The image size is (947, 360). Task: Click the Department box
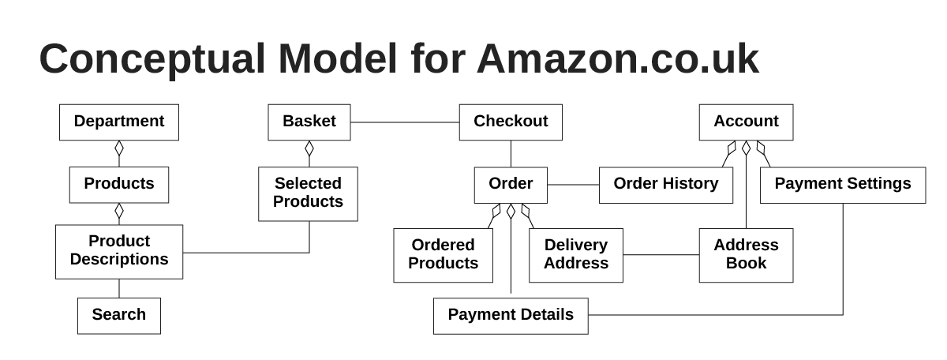[x=119, y=122]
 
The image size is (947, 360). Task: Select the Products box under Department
[x=119, y=185]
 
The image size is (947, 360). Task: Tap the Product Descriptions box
[x=119, y=251]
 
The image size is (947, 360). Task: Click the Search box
[x=119, y=316]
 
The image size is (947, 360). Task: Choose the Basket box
[x=309, y=122]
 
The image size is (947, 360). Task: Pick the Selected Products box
[x=308, y=193]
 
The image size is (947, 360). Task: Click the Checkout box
[x=511, y=122]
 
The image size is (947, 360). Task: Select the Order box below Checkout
[x=511, y=185]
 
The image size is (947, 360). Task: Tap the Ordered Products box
[x=443, y=255]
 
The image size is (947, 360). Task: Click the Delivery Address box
[x=576, y=255]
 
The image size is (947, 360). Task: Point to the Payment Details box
[x=511, y=316]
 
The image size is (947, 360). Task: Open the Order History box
[x=666, y=185]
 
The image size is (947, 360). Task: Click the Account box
[x=746, y=122]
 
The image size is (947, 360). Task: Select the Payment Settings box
[x=843, y=185]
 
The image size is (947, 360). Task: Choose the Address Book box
[x=746, y=255]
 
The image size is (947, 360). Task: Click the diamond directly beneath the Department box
[x=119, y=148]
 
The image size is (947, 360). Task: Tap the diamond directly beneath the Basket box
[x=309, y=148]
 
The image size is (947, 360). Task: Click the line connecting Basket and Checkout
[x=405, y=122]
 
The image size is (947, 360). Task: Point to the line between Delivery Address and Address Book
[x=661, y=255]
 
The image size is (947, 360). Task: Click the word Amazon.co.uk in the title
[x=617, y=59]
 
